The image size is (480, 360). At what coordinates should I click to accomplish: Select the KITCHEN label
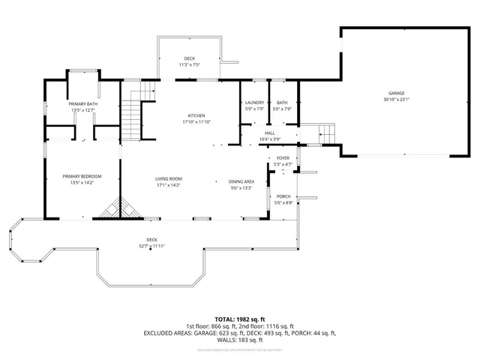click(x=196, y=115)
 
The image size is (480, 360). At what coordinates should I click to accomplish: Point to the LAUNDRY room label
click(x=255, y=103)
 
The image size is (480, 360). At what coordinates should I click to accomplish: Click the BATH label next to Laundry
click(x=282, y=103)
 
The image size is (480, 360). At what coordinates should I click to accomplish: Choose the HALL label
click(x=270, y=133)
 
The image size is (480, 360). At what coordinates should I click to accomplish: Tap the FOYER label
click(x=283, y=158)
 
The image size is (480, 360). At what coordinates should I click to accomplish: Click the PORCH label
click(x=283, y=196)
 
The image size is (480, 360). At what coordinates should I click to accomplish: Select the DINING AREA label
click(x=241, y=181)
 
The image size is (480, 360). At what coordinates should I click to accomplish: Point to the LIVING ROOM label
click(x=169, y=178)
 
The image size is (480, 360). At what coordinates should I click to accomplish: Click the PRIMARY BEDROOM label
click(x=82, y=176)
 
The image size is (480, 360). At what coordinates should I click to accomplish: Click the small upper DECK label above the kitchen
click(x=190, y=58)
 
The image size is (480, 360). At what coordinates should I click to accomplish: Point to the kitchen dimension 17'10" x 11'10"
click(x=196, y=121)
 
